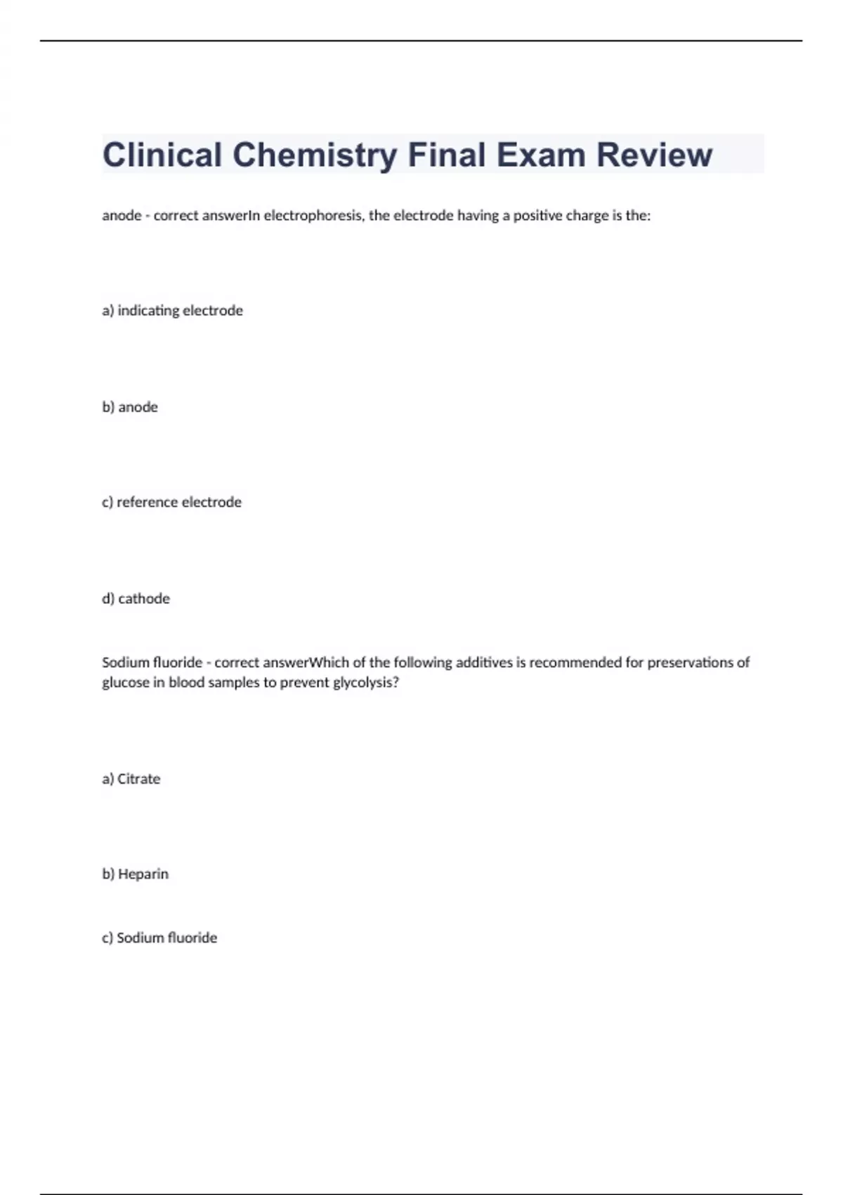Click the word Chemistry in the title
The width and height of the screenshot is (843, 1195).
click(315, 155)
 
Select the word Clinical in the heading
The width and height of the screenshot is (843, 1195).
click(162, 155)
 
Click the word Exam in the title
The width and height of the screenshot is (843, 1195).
click(541, 155)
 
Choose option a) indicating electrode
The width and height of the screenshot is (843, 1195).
click(173, 311)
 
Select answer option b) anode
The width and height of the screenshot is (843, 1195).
click(130, 407)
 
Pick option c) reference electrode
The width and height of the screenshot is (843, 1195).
click(172, 503)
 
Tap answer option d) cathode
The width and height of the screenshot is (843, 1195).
click(136, 599)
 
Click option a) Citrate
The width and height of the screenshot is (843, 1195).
click(131, 779)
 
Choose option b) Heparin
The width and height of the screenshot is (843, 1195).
click(136, 874)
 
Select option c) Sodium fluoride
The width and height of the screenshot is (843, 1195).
click(160, 938)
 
